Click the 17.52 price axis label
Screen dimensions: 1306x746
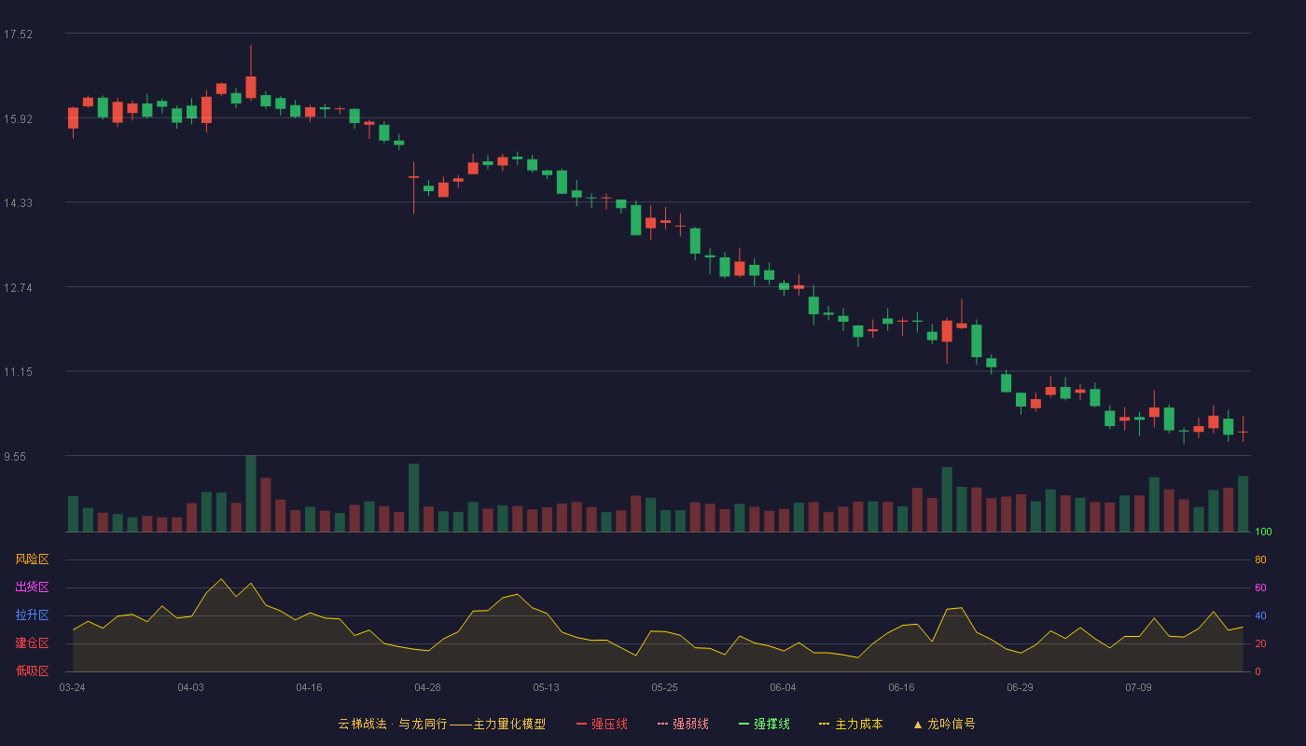click(18, 35)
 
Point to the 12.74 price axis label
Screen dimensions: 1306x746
click(18, 288)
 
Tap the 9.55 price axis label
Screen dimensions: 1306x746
click(15, 457)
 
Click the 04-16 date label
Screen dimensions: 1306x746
click(309, 688)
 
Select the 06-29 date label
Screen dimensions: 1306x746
click(1020, 688)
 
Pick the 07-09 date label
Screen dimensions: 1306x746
click(1138, 688)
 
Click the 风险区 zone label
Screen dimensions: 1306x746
click(32, 559)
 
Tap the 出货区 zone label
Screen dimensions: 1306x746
click(32, 587)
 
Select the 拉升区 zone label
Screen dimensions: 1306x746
click(32, 615)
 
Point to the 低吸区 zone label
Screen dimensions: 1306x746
click(32, 670)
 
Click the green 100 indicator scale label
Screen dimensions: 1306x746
click(1263, 532)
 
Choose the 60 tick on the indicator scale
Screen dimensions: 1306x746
click(1260, 587)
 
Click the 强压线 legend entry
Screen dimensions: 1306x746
click(602, 724)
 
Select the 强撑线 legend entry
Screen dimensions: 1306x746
click(764, 724)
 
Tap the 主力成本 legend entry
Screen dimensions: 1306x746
click(851, 724)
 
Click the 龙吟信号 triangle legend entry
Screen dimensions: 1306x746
click(944, 724)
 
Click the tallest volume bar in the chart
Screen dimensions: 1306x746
click(251, 493)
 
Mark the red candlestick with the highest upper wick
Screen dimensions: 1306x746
click(251, 73)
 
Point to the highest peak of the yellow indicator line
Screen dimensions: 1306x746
click(221, 579)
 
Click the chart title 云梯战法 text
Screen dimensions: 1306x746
click(362, 724)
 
